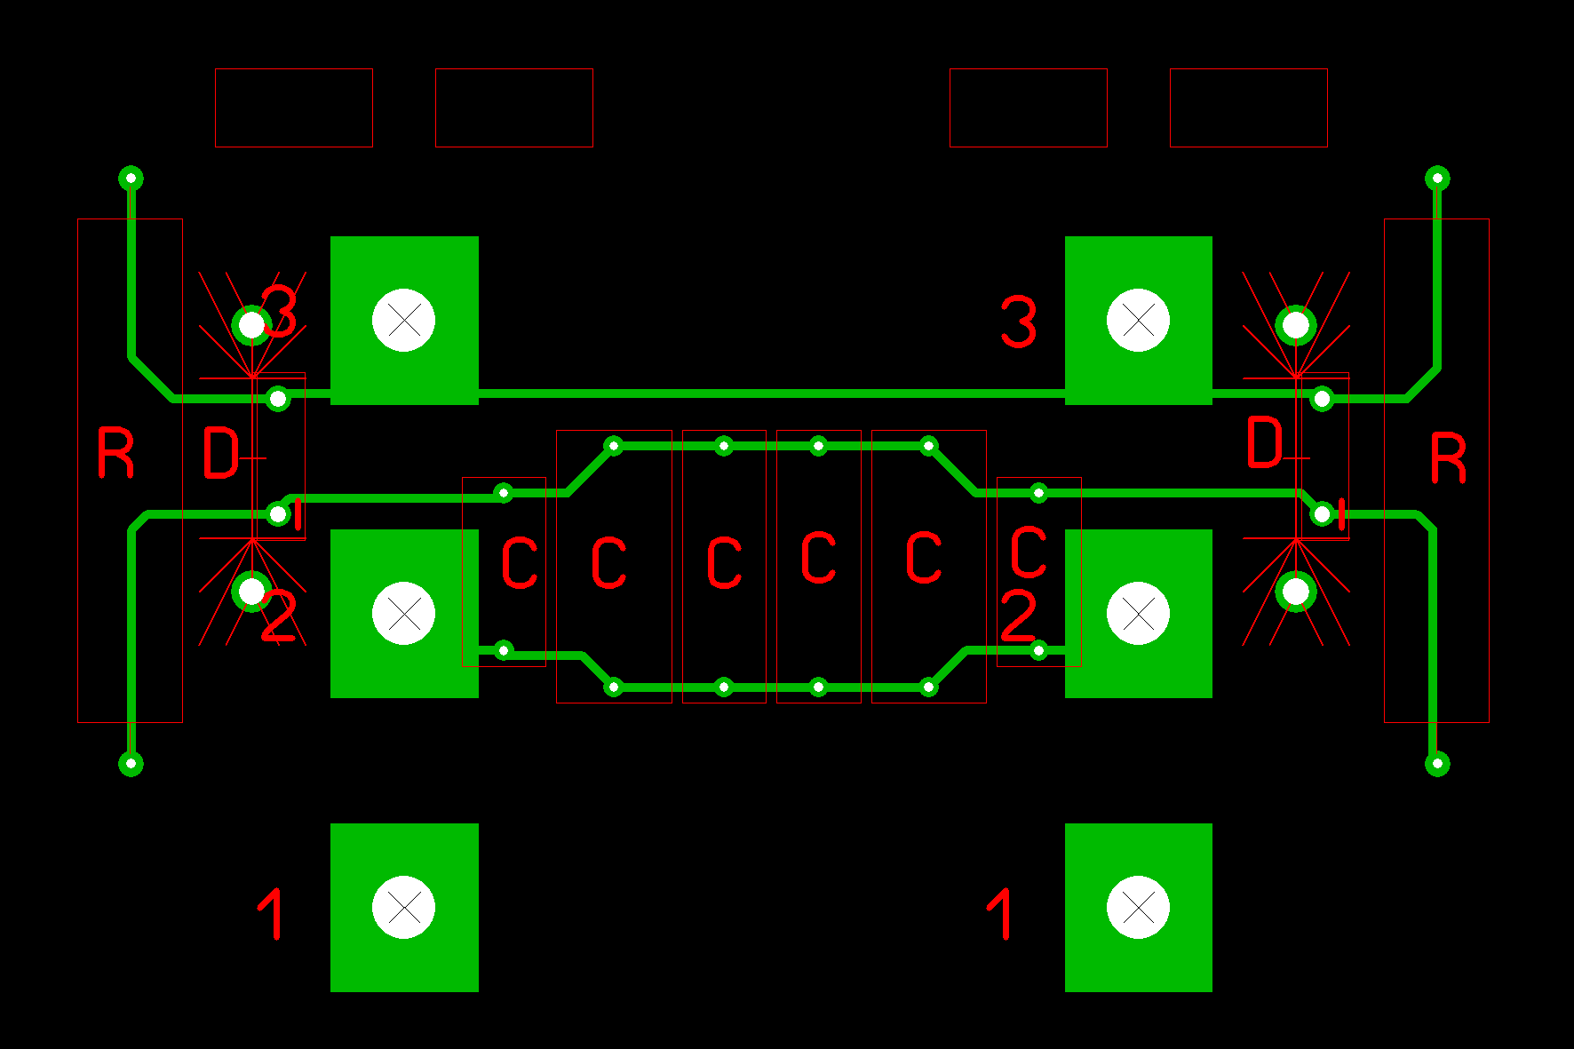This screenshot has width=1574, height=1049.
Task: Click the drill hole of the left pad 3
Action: coord(403,320)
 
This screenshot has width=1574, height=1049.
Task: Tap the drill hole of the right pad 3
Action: coord(1138,320)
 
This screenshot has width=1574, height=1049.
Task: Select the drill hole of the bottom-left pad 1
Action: coord(403,907)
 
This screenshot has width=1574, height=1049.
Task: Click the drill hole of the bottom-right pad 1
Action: coord(1138,907)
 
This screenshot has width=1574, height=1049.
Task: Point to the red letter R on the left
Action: coord(115,453)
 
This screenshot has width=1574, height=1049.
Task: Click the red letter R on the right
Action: coord(1448,458)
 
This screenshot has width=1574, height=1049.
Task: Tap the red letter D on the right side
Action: coord(1265,442)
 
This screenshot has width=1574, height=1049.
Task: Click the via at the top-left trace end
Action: coord(131,179)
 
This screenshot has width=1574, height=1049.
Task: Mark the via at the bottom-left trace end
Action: coord(131,763)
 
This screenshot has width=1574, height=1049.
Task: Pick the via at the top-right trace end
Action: coord(1437,179)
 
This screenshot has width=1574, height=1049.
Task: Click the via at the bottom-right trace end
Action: coord(1437,763)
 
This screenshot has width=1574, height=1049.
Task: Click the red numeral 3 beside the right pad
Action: coord(1018,322)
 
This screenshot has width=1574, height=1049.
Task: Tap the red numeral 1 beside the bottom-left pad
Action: coord(272,913)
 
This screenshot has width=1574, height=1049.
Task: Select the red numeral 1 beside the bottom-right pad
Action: coord(1000,913)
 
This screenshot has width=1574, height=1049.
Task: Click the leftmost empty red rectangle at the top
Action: coord(294,107)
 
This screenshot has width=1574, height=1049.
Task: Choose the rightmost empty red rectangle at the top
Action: coord(1248,107)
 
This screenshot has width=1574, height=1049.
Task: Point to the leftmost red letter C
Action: coord(520,562)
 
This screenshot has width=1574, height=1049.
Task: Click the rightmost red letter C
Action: coord(1029,552)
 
